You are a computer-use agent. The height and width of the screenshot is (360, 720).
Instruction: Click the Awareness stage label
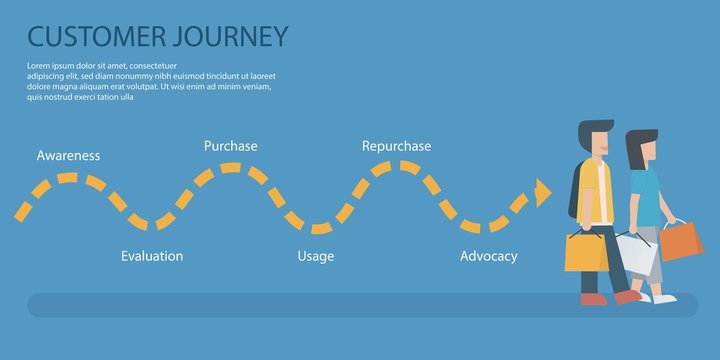point(68,156)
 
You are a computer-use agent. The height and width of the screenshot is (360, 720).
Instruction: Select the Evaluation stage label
point(152,256)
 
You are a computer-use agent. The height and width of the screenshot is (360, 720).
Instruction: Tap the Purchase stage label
point(230,146)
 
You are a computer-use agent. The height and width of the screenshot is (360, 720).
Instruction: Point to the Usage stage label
point(315,256)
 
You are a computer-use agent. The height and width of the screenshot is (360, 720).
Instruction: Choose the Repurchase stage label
point(396,146)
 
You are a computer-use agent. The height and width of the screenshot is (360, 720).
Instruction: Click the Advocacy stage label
point(488,256)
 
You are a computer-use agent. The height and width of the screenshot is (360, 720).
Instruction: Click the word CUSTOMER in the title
point(96,37)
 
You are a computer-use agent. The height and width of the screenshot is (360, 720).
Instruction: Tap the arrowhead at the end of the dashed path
point(543,191)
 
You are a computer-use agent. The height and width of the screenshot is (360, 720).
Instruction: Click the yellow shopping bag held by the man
point(586,252)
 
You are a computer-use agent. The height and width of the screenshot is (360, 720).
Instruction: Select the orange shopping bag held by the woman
point(681,242)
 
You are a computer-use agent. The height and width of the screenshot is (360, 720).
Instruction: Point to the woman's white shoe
point(664,298)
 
